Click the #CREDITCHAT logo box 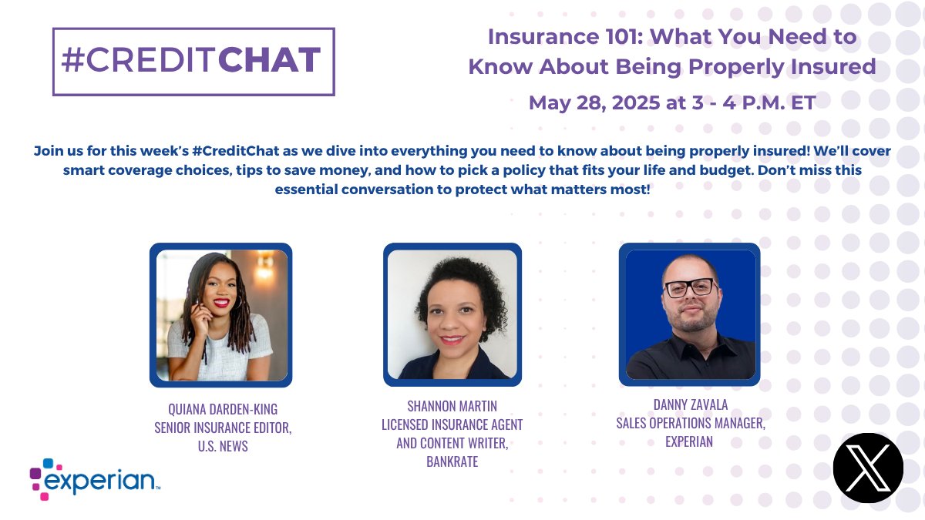(x=193, y=62)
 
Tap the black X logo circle (x=867, y=468)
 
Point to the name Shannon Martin (x=452, y=405)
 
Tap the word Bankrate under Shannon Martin (x=452, y=461)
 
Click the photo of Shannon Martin (x=452, y=314)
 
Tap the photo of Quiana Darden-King (x=221, y=314)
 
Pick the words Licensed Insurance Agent (x=452, y=424)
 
